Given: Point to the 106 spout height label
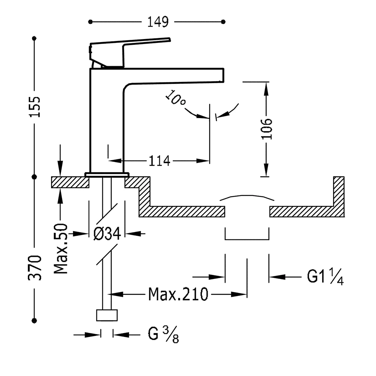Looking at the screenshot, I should [x=266, y=129].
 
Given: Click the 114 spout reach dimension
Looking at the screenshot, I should [x=159, y=161].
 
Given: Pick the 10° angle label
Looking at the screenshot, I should [x=176, y=99].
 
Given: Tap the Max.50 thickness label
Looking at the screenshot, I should [x=61, y=248].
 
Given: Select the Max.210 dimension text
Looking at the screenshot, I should [x=178, y=294].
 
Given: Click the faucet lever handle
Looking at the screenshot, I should [x=128, y=47].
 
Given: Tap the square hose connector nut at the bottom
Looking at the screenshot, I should [x=107, y=315].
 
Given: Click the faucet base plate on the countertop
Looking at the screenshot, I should [x=107, y=174].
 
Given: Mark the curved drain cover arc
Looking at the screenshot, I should [x=247, y=197].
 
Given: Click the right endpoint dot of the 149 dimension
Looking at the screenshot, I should [x=224, y=22].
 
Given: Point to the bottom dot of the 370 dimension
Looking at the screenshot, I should [x=35, y=320].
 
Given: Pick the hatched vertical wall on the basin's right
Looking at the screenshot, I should [x=338, y=196].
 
